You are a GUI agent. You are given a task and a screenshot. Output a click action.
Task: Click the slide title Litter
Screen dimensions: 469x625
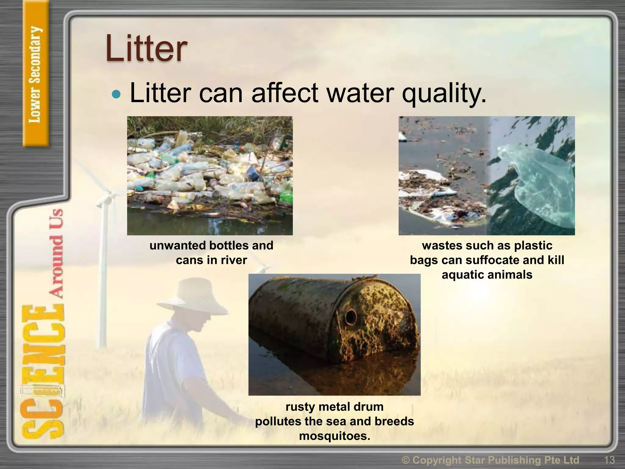(x=146, y=49)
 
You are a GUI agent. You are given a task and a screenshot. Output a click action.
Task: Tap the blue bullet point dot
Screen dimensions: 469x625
(x=116, y=94)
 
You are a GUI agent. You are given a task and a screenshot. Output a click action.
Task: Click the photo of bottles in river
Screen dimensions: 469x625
(x=210, y=175)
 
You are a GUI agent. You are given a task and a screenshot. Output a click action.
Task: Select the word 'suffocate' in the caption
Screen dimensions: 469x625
(x=492, y=260)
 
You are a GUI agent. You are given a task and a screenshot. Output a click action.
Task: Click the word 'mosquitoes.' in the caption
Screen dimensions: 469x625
(x=334, y=436)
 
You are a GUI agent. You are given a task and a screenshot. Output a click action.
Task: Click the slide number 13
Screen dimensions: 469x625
(x=609, y=460)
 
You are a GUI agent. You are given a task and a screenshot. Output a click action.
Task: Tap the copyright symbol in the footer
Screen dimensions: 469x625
(x=406, y=460)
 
